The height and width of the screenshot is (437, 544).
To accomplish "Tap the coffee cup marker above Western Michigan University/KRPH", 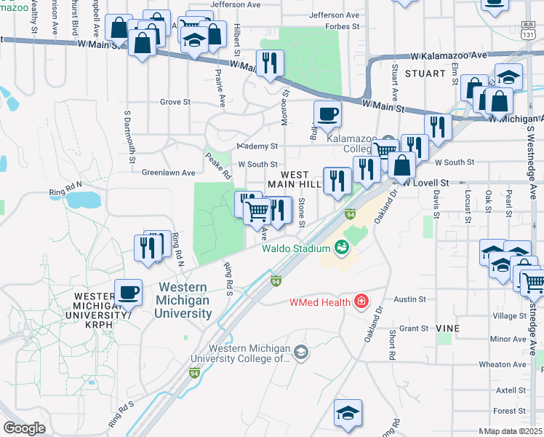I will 128,292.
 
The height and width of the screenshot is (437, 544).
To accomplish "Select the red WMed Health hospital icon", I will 360,302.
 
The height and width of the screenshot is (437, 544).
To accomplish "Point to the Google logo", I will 23,428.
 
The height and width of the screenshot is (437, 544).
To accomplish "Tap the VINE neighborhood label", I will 449,328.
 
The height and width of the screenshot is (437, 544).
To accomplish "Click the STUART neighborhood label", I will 425,74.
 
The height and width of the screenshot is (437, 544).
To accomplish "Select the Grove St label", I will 175,102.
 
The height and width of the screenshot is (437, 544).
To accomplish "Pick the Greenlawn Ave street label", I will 168,173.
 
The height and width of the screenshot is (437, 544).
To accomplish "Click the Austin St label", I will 409,299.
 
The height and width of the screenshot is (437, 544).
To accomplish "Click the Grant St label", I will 413,328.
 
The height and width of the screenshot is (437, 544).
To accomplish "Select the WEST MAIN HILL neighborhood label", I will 295,180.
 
